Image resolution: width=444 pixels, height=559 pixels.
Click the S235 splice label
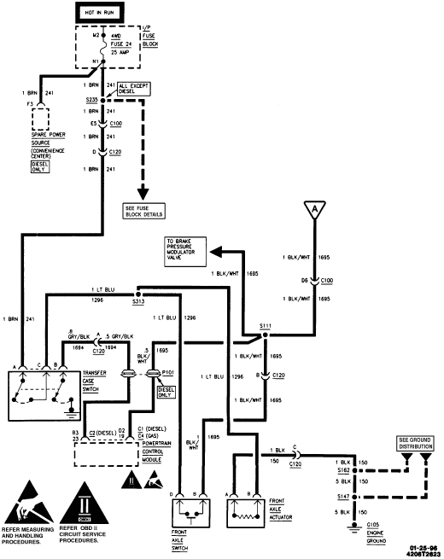(91, 99)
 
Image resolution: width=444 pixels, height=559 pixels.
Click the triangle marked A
(314, 209)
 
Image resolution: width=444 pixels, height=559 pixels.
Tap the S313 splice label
(137, 301)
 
